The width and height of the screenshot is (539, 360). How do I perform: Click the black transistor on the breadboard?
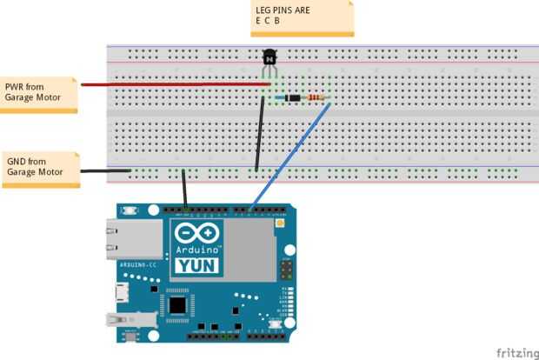tap(269, 59)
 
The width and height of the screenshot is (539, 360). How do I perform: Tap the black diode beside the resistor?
tap(296, 97)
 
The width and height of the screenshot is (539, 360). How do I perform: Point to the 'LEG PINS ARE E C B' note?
tap(303, 17)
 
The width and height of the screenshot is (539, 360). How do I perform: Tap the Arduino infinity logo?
tap(197, 234)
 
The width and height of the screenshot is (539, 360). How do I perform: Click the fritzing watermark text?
tap(515, 352)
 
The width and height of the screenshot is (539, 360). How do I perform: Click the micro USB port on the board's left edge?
tap(123, 291)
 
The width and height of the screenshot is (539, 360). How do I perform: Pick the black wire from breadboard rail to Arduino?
tap(184, 190)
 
